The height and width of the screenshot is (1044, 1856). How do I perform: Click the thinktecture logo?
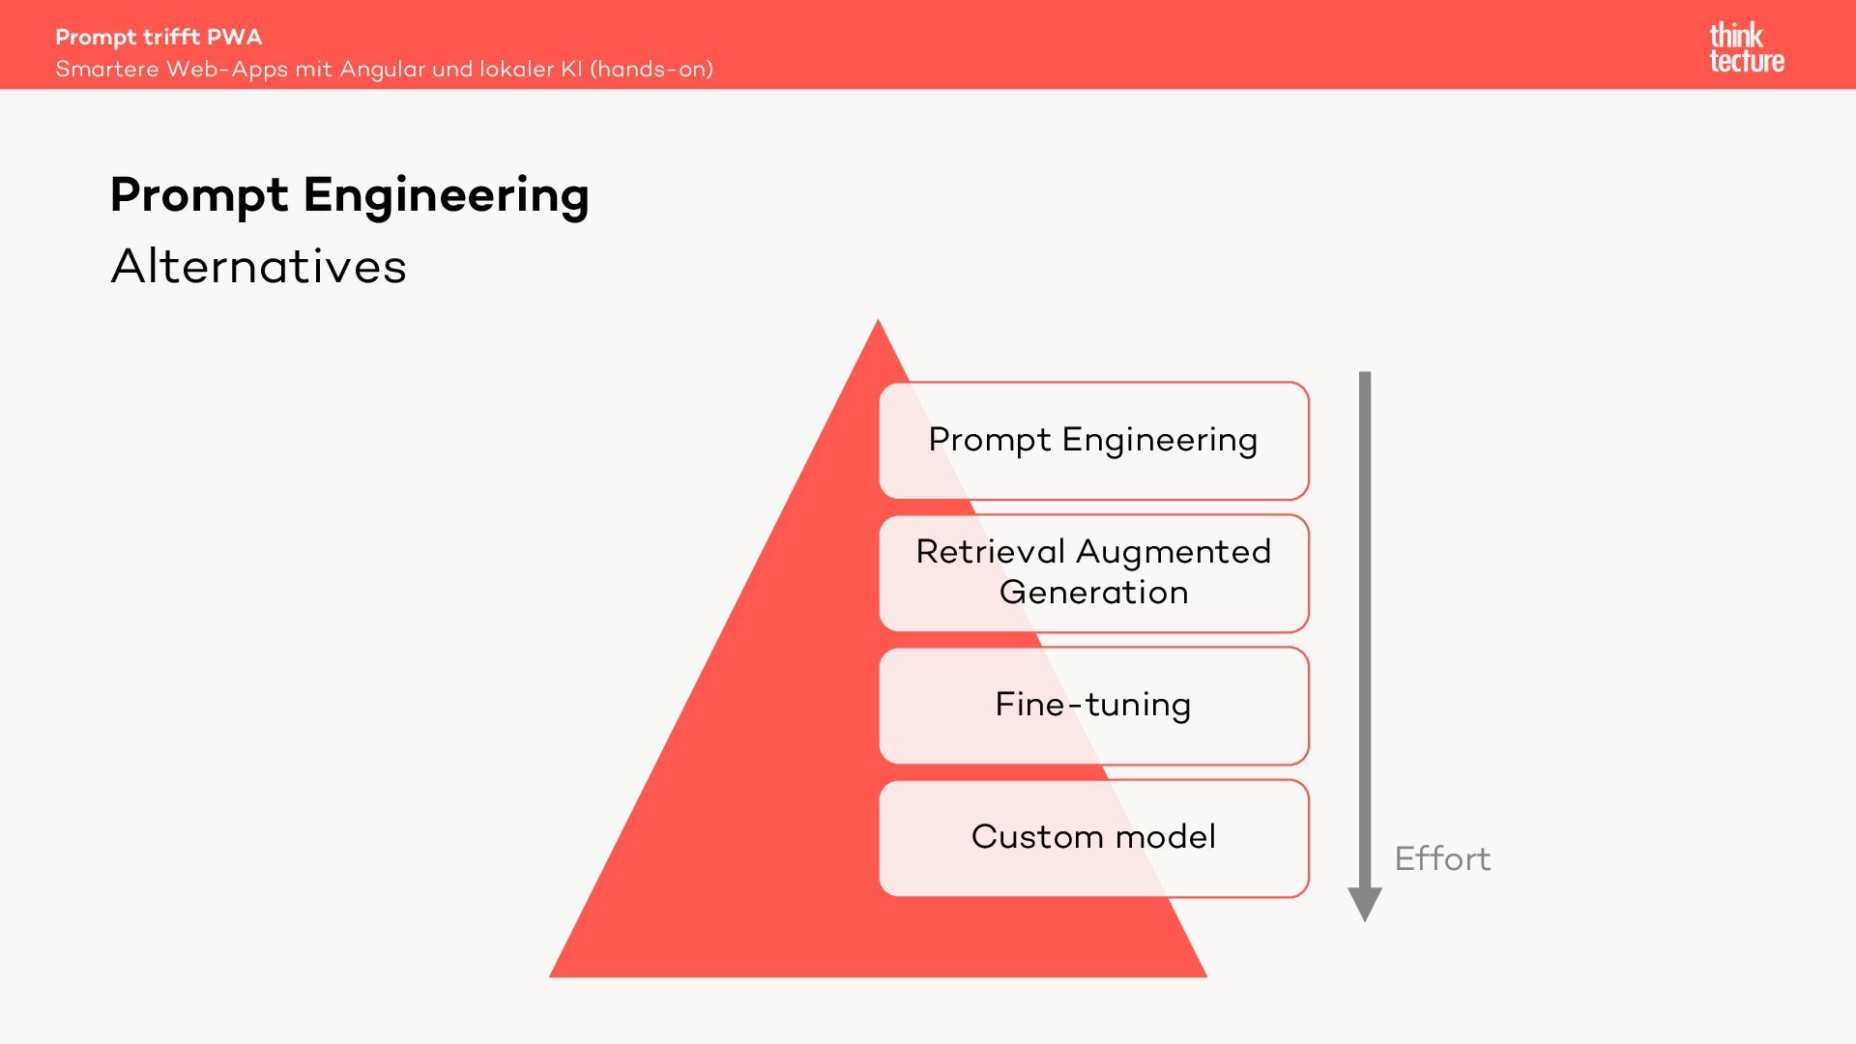(x=1746, y=47)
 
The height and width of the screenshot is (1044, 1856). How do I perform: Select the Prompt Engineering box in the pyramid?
(x=1093, y=441)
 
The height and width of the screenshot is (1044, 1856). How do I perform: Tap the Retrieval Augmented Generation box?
(x=1093, y=573)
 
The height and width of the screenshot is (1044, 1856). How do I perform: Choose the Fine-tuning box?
(x=1093, y=706)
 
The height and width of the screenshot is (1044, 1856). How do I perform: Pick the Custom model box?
(x=1093, y=838)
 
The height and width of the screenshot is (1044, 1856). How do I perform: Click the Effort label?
(x=1442, y=858)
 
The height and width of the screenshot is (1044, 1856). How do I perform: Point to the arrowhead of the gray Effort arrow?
(x=1365, y=906)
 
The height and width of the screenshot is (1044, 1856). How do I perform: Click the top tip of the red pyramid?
(x=878, y=322)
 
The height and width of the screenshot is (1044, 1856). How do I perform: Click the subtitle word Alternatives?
(x=258, y=266)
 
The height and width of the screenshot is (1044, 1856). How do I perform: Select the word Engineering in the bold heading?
(x=446, y=196)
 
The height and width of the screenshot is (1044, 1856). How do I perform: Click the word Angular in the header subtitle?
(x=382, y=70)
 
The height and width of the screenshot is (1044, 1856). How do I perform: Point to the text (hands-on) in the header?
(x=652, y=70)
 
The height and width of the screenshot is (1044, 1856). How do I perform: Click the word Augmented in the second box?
(x=1174, y=552)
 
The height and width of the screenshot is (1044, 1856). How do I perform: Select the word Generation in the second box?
(x=1093, y=593)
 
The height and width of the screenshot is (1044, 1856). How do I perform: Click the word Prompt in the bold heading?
(x=199, y=196)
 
